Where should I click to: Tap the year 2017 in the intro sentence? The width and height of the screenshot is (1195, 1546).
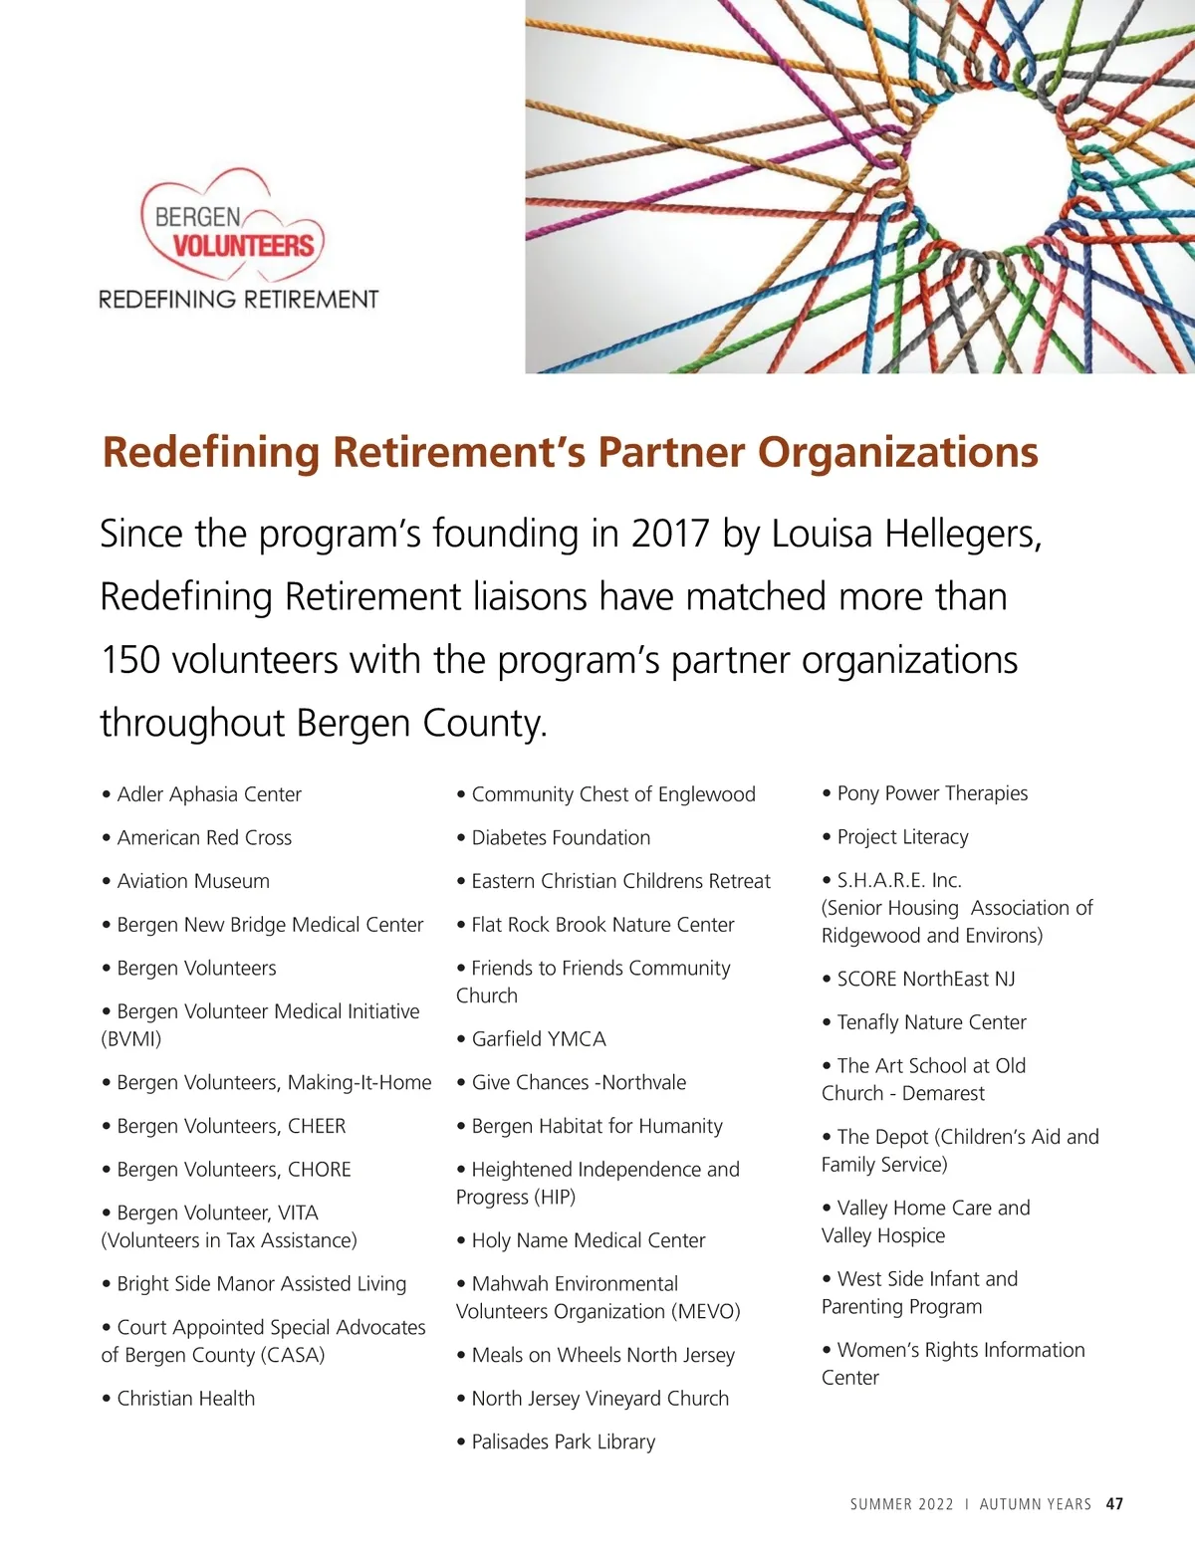(x=669, y=535)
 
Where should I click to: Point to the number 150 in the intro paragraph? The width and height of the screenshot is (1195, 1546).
(x=130, y=660)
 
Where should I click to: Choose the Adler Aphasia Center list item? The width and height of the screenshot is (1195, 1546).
(x=208, y=794)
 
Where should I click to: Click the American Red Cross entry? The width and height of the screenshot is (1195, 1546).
(x=204, y=838)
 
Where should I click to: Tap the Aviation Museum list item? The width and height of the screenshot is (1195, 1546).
(x=193, y=881)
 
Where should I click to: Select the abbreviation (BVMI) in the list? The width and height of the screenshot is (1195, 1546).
(x=131, y=1039)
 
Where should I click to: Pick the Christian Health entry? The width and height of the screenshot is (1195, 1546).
(x=185, y=1399)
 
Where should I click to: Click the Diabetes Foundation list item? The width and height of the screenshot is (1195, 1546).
(x=561, y=838)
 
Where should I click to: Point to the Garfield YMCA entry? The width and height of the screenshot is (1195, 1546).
(x=539, y=1039)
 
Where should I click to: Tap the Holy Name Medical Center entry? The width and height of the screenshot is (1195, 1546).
(x=588, y=1240)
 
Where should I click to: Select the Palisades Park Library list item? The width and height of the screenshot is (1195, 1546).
(x=563, y=1441)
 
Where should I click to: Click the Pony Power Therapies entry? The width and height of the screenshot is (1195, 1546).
(x=932, y=793)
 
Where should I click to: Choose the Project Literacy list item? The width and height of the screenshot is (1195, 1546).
(x=902, y=837)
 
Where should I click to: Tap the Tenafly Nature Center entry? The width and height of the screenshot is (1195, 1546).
(x=931, y=1022)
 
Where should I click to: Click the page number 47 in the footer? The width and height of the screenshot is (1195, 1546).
(x=1114, y=1504)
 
